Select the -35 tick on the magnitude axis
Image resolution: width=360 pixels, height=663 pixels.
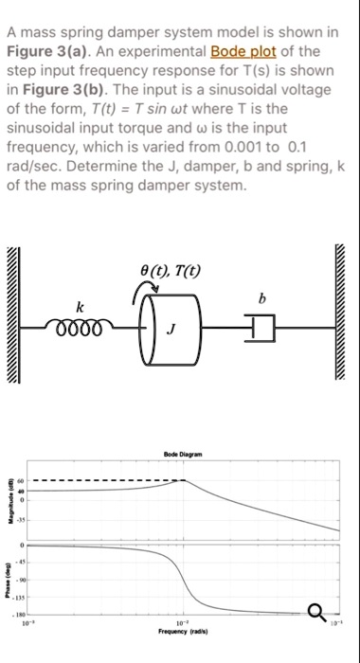click(x=29, y=520)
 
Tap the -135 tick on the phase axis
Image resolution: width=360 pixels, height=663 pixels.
click(x=28, y=597)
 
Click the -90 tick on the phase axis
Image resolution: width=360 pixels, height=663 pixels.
click(x=30, y=580)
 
